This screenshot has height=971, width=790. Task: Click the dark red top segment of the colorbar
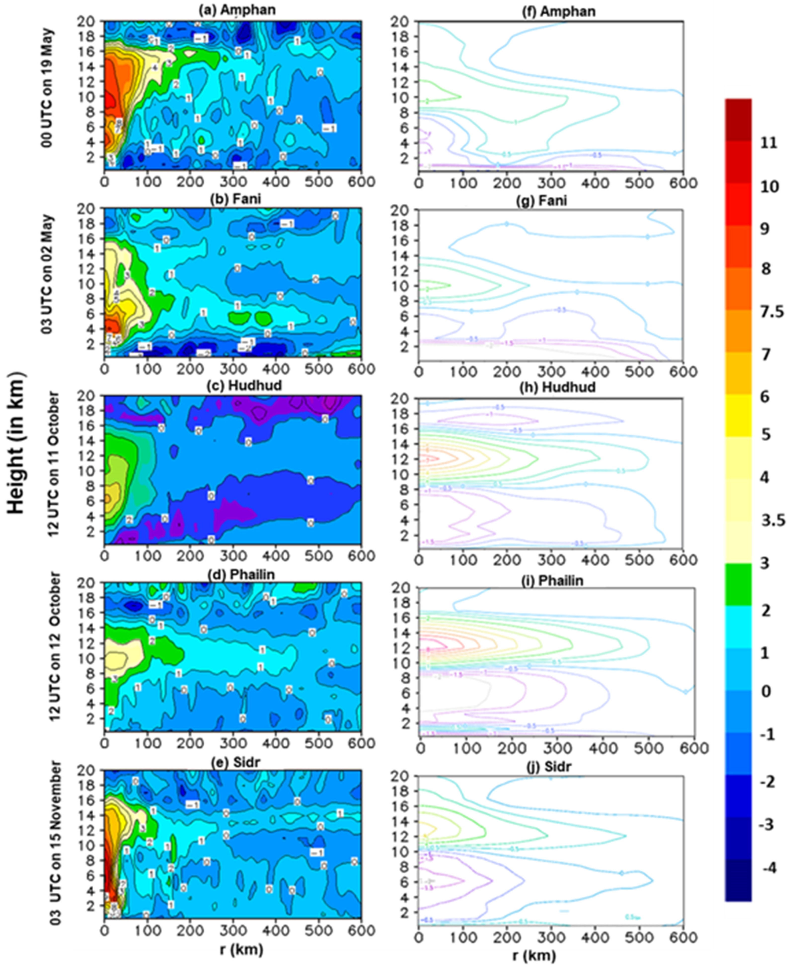(738, 119)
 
